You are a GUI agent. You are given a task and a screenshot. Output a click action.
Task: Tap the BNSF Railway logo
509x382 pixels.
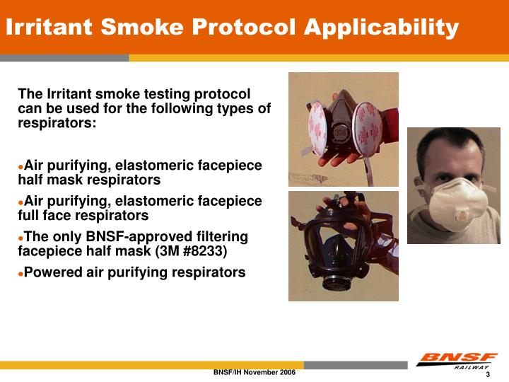coord(456,361)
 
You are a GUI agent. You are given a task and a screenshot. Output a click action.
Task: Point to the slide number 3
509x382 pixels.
coord(488,374)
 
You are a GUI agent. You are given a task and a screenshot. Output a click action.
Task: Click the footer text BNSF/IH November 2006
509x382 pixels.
coord(254,372)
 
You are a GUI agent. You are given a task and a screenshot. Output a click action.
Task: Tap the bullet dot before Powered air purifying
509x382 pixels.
coord(21,272)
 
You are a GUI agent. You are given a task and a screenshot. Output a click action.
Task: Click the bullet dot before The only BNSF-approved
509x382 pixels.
coord(21,237)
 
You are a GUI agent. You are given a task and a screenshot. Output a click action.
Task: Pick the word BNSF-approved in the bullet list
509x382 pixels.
coord(145,236)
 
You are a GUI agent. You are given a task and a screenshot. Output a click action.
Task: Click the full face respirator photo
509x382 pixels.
coord(343,245)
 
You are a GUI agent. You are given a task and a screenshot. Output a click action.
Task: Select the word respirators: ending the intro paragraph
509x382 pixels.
coord(57,122)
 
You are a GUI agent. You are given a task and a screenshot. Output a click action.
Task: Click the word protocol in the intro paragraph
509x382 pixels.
coord(226,94)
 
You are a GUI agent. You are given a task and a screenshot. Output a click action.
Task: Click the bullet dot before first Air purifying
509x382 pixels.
coord(21,166)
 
